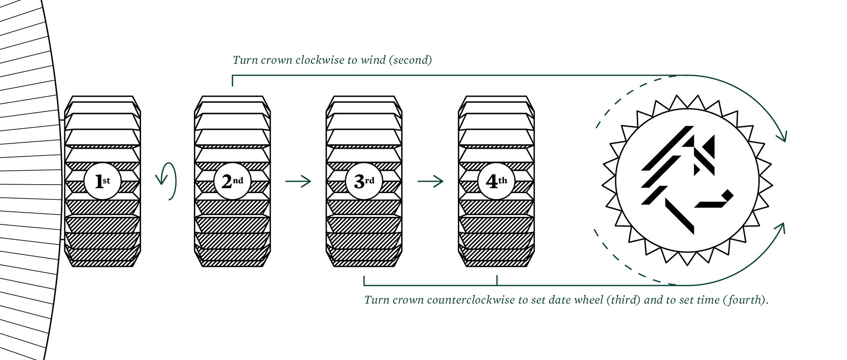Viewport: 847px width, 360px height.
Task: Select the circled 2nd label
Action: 232,181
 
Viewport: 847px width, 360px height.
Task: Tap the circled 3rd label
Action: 364,181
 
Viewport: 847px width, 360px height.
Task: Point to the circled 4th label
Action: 496,181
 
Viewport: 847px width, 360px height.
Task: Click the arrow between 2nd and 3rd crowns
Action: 298,182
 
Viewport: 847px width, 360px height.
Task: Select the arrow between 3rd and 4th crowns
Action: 430,182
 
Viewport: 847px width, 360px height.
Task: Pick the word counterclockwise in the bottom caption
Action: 471,300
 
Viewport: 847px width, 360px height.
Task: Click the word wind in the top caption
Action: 373,60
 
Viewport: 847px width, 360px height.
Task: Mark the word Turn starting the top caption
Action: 245,60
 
